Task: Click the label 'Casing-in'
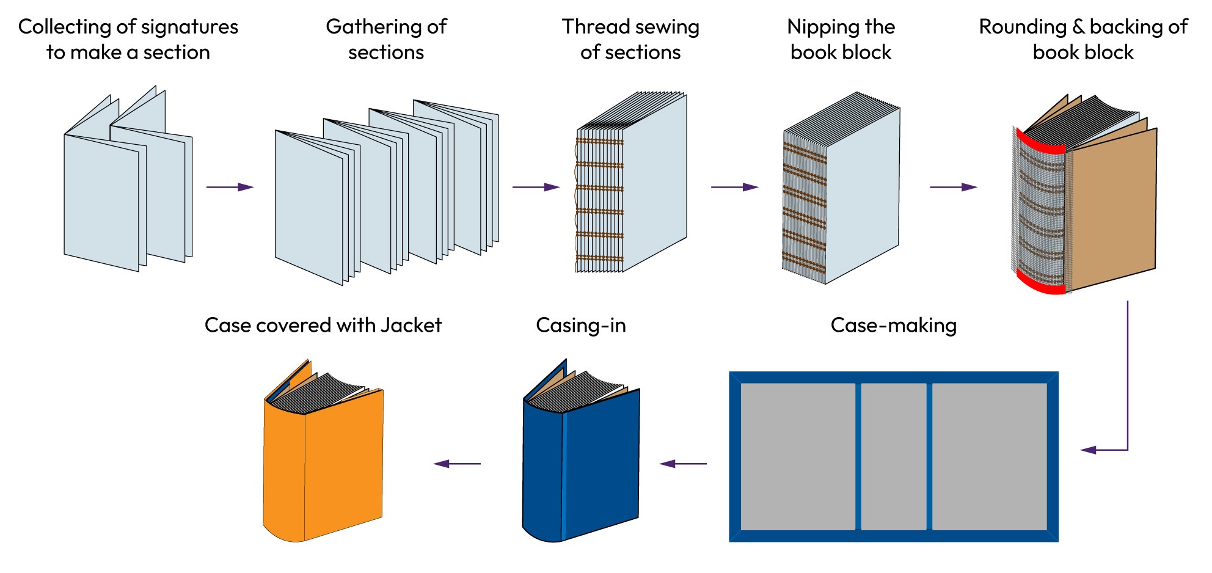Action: (580, 325)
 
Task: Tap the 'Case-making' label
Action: (893, 325)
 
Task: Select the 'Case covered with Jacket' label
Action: (323, 325)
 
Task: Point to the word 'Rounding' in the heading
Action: (1023, 27)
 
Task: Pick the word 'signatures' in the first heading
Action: (189, 27)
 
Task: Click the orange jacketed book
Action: (330, 464)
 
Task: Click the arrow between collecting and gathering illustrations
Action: (230, 187)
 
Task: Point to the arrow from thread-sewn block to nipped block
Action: (734, 187)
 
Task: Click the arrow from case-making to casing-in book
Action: (683, 464)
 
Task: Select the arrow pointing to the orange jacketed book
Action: (457, 464)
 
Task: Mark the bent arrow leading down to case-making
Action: (1127, 397)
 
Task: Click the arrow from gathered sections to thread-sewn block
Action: (536, 187)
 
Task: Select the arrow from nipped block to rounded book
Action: (953, 187)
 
